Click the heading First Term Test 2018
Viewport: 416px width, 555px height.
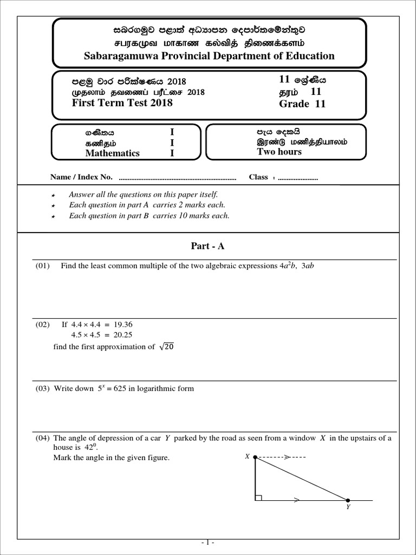[122, 103]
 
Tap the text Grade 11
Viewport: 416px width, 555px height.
[302, 104]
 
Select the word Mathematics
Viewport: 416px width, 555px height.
[112, 153]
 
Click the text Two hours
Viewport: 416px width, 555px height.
[279, 152]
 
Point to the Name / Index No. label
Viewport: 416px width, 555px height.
[81, 177]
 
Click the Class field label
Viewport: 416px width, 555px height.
[258, 177]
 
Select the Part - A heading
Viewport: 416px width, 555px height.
[207, 246]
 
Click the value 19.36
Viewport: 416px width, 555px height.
[123, 325]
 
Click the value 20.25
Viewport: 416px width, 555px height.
[123, 335]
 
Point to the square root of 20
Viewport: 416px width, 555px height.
[166, 347]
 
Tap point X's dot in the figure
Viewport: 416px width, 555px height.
[255, 457]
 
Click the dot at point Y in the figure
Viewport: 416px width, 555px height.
[348, 500]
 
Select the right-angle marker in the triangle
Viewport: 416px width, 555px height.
[258, 496]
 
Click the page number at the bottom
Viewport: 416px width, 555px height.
[207, 542]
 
